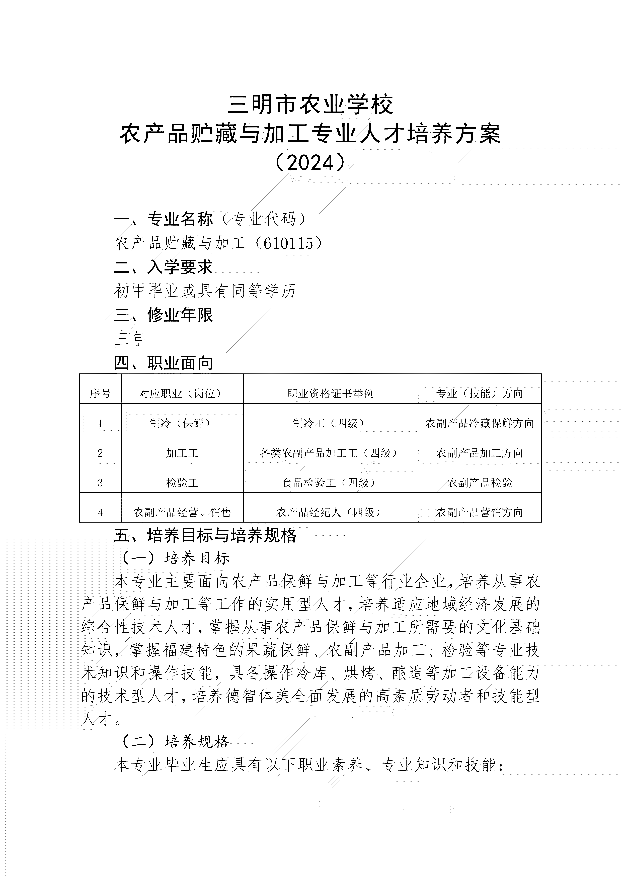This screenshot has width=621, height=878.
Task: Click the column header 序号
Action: pyautogui.click(x=100, y=393)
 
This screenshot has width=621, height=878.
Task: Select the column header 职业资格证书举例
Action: pyautogui.click(x=331, y=393)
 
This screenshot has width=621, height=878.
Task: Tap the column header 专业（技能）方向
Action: pyautogui.click(x=479, y=393)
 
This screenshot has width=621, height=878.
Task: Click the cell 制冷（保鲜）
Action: pyautogui.click(x=182, y=423)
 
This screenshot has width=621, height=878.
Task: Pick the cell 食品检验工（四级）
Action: pyautogui.click(x=331, y=483)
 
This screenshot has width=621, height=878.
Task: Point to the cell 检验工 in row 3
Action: pyautogui.click(x=182, y=483)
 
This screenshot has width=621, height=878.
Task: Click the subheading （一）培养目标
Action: pyautogui.click(x=175, y=559)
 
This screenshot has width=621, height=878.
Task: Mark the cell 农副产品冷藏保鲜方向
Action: pyautogui.click(x=479, y=423)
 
